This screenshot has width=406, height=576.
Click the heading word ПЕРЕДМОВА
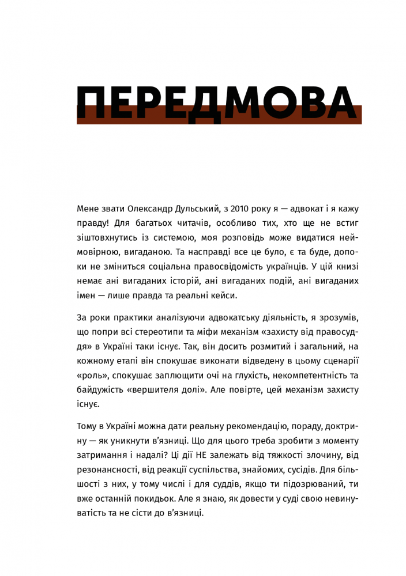pyautogui.click(x=219, y=104)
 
